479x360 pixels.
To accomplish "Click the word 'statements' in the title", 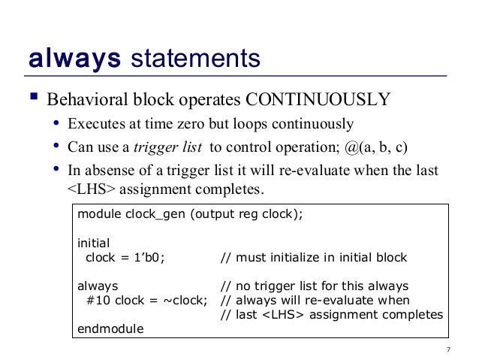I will click(x=196, y=58).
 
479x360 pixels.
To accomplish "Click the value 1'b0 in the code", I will click(x=147, y=258).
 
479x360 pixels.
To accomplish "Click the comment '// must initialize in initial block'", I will click(x=313, y=258).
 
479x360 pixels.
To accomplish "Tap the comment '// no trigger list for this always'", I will click(x=314, y=286).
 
